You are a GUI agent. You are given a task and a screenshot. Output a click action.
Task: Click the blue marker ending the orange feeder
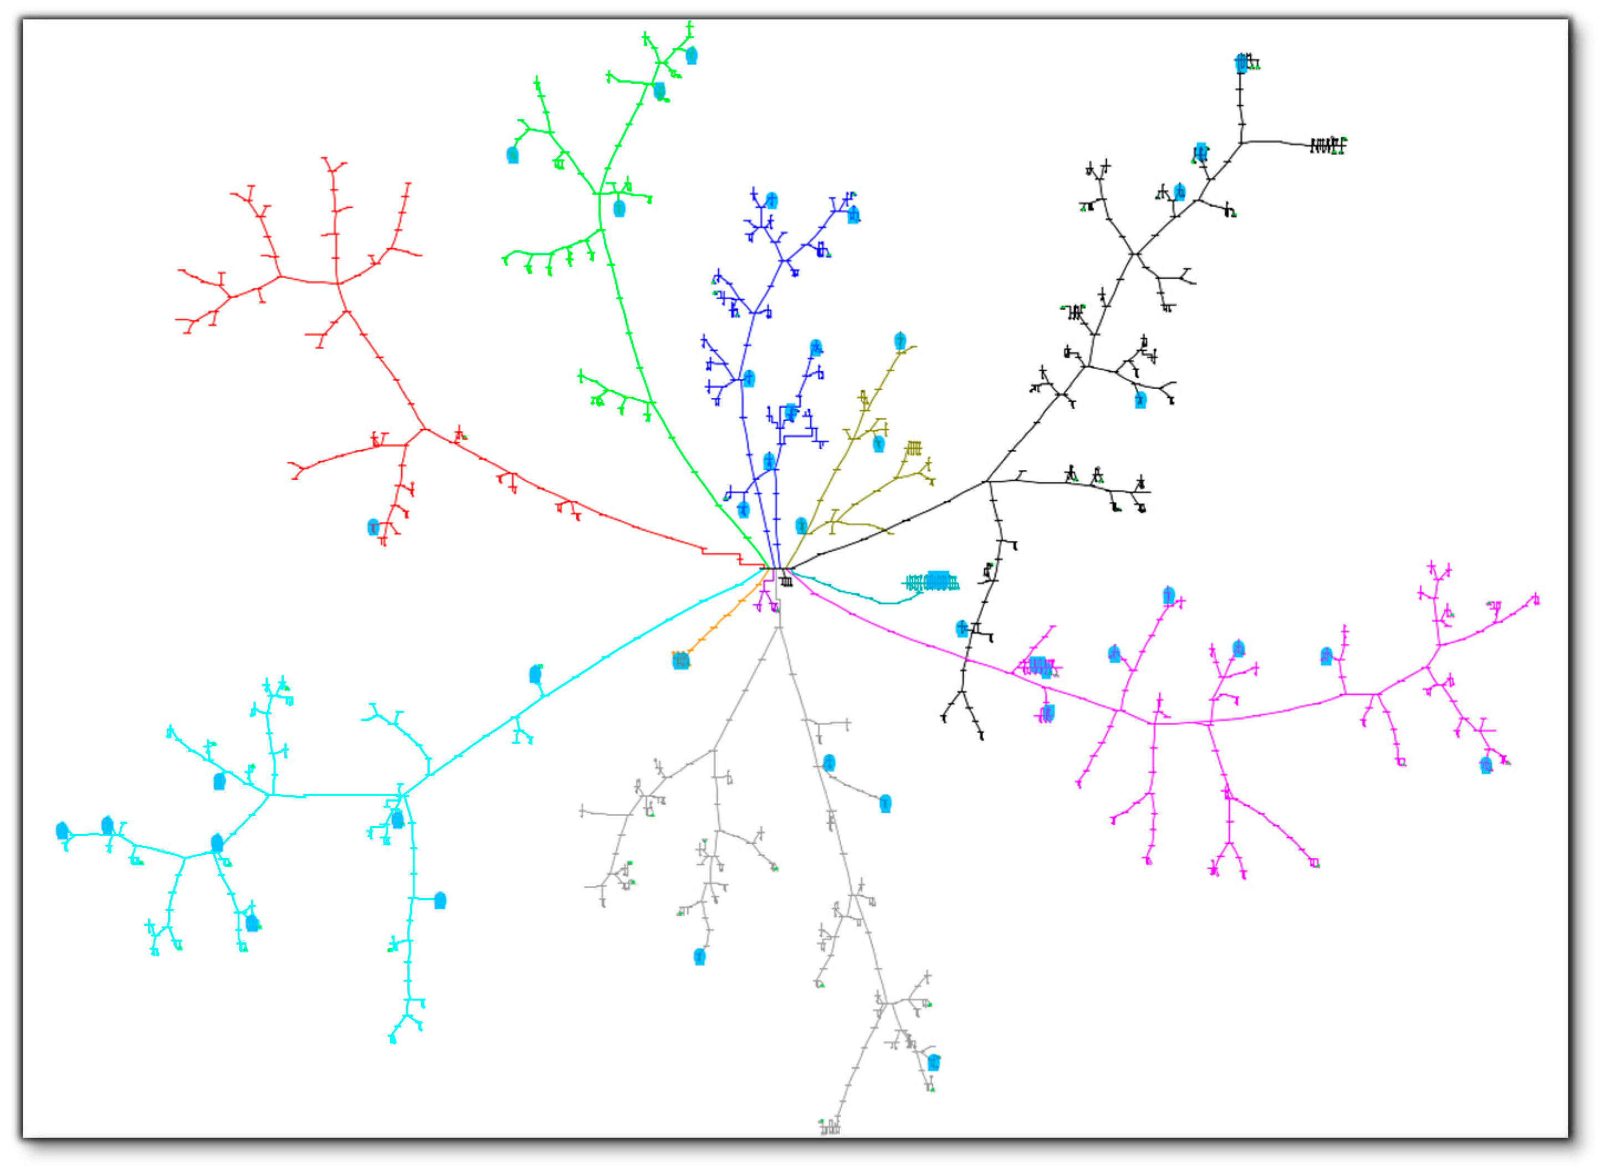681,660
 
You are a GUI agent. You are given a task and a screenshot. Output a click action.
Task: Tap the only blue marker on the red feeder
373,527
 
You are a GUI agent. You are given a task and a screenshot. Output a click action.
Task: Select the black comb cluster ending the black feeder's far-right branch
1327,145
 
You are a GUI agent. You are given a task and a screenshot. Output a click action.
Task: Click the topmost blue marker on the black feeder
1241,63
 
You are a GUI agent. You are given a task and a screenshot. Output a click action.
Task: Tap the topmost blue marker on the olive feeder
899,341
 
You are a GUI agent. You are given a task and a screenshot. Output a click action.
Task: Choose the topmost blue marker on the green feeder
691,55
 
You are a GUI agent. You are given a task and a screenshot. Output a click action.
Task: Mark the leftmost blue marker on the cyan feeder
62,830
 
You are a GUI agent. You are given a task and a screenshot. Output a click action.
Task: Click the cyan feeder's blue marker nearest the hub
535,674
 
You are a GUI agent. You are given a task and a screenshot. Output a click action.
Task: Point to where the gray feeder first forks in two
780,627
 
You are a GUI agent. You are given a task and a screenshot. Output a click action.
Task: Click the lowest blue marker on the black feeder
961,628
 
